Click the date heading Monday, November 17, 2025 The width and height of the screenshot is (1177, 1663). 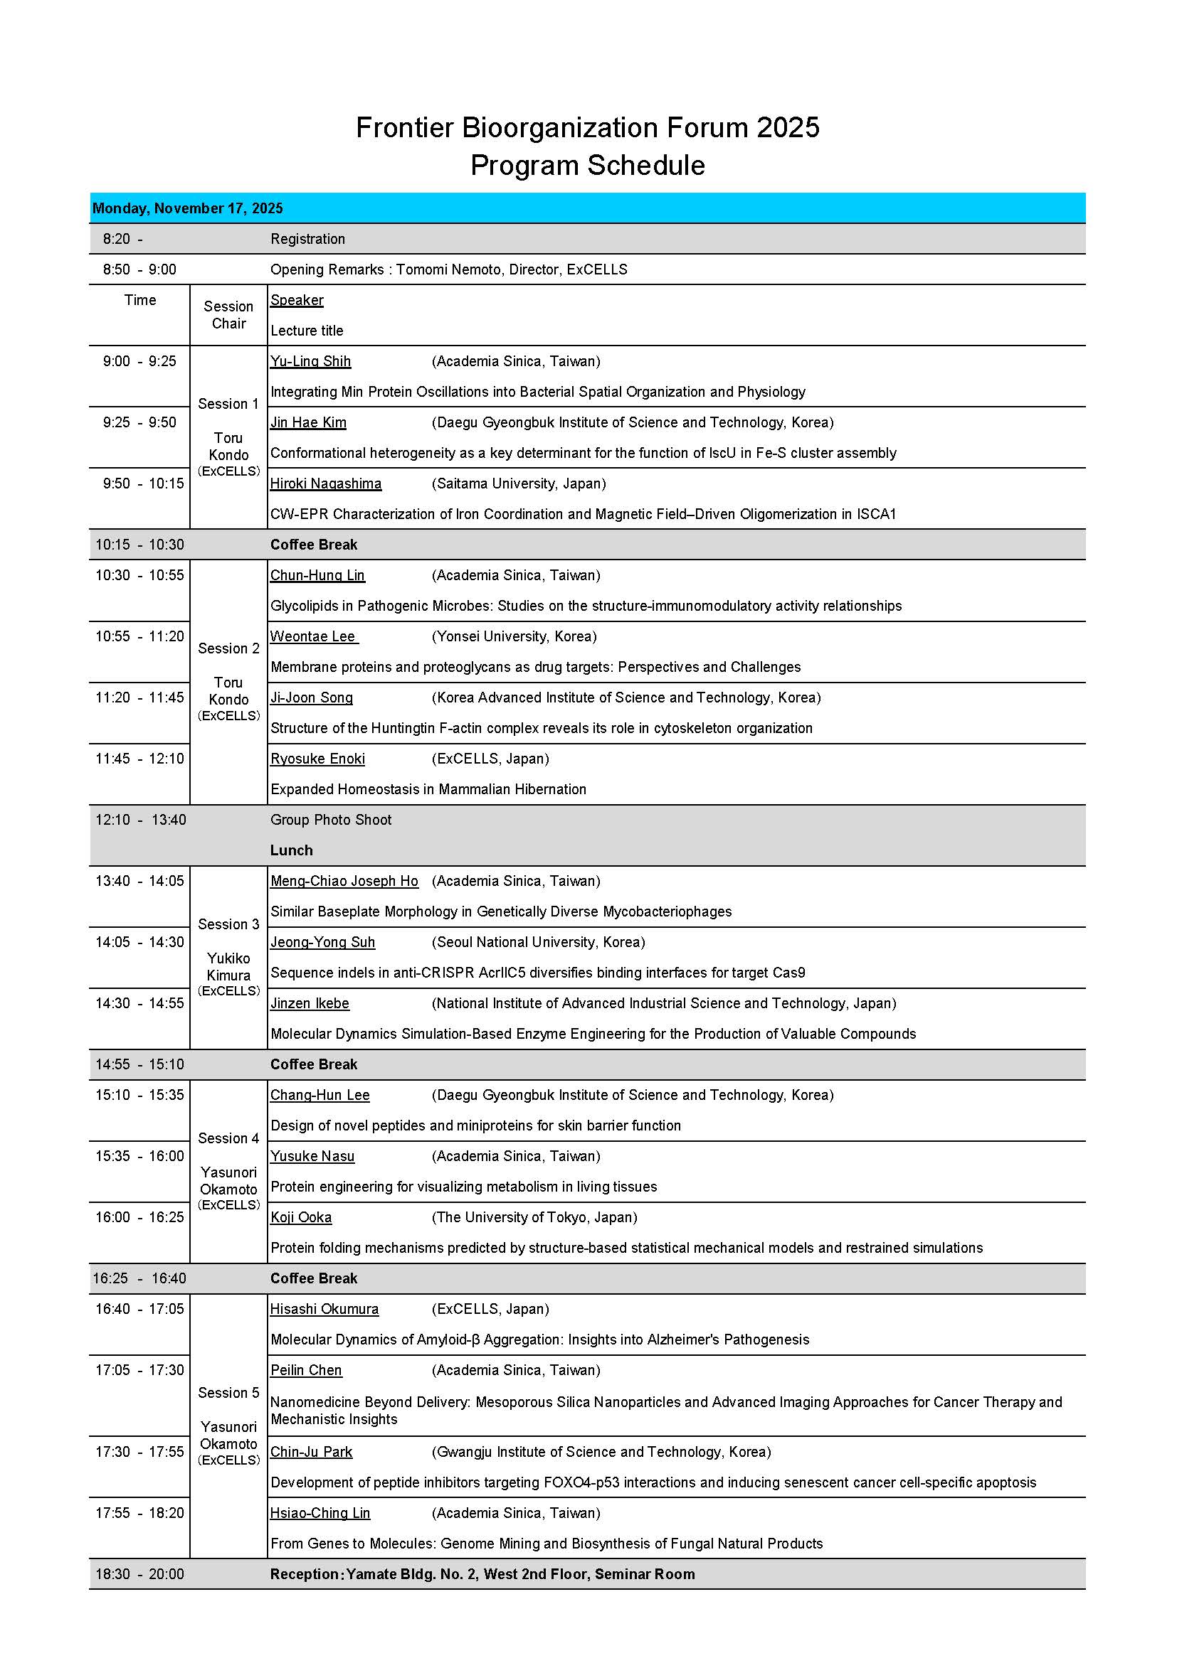click(187, 208)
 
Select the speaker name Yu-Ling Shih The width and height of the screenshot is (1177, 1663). click(310, 361)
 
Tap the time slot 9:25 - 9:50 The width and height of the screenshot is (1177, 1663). click(139, 422)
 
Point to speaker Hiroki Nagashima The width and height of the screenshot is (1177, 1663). click(325, 484)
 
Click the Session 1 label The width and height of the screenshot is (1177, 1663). click(228, 404)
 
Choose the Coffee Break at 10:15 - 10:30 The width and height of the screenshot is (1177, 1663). click(314, 545)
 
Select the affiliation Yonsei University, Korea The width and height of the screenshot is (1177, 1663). click(514, 636)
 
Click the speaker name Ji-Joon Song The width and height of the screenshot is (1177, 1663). click(312, 697)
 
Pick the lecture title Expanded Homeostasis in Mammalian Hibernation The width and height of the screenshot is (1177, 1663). click(428, 789)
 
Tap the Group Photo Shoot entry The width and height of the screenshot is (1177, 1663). click(330, 820)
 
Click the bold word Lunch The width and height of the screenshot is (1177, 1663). click(291, 850)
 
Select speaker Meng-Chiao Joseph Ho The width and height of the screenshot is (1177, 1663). click(344, 882)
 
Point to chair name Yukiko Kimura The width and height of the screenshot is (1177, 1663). click(228, 967)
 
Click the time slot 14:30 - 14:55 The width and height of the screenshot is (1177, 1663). click(139, 1003)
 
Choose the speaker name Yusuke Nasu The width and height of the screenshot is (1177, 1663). click(312, 1156)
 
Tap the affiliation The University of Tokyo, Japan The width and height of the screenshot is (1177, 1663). click(534, 1217)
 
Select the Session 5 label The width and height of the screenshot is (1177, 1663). click(228, 1393)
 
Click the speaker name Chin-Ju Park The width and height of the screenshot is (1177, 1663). click(311, 1453)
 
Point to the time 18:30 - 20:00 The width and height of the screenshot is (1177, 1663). click(139, 1574)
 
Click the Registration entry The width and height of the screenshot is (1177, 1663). click(307, 239)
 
